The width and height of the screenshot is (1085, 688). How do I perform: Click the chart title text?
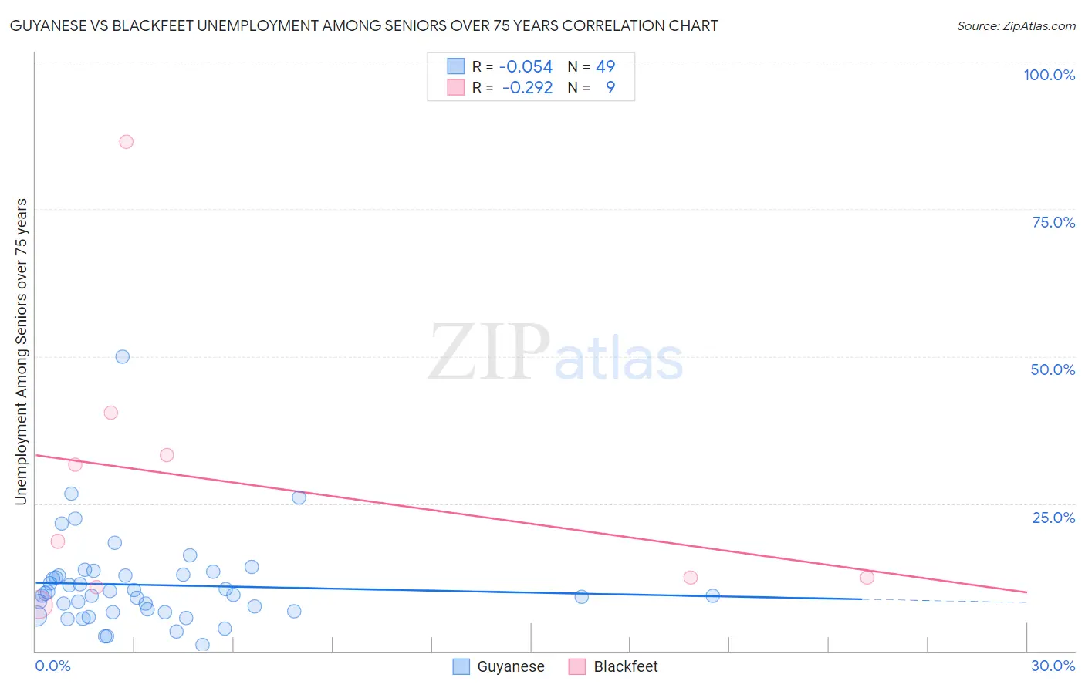[x=363, y=25]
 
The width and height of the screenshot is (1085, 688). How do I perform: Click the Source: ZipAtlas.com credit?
[x=1016, y=26]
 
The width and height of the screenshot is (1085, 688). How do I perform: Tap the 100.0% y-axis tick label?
[x=1049, y=75]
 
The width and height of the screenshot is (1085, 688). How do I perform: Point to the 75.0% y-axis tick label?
[x=1053, y=222]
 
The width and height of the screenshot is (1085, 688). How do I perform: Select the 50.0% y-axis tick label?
[x=1053, y=369]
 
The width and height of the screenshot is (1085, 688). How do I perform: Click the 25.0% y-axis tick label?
[x=1053, y=517]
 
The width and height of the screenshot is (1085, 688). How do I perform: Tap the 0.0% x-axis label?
[x=52, y=666]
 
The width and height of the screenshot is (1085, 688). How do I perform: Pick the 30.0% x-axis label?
[x=1053, y=666]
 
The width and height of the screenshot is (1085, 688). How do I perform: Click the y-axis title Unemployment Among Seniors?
[x=21, y=352]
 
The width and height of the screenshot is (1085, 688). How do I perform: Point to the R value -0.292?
[x=527, y=88]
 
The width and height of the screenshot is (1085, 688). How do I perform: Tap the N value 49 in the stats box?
[x=605, y=67]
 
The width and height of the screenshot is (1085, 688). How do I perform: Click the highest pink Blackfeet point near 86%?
[x=126, y=142]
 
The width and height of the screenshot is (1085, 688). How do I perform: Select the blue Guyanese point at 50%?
[x=122, y=356]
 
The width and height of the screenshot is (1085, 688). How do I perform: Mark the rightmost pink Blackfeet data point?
[x=867, y=577]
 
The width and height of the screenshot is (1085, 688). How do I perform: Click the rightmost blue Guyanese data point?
[x=712, y=595]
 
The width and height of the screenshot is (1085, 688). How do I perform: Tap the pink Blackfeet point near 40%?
[x=110, y=413]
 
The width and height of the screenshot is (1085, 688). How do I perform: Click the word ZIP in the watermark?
[x=489, y=352]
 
